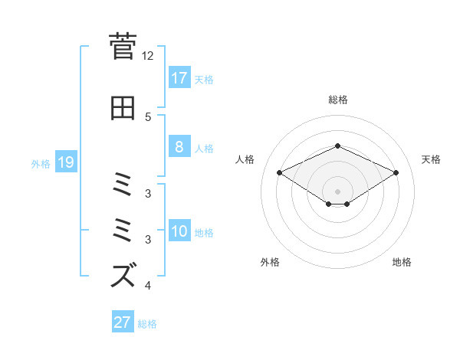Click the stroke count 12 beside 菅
tap(148, 56)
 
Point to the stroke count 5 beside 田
tap(148, 116)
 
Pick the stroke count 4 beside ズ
tap(148, 286)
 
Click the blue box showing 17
tap(179, 78)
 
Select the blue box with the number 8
tap(179, 147)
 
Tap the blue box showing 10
tap(179, 232)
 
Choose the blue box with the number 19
tap(65, 162)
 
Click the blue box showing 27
tap(123, 322)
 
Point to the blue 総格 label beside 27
tap(147, 323)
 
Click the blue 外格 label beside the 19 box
tap(40, 163)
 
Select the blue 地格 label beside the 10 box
tap(204, 233)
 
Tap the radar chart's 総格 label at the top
tap(338, 100)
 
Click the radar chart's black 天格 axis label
tap(431, 159)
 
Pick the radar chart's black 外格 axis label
tap(270, 262)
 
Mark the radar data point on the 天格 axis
tap(396, 172)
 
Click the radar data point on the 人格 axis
tap(280, 172)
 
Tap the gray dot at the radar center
tap(338, 191)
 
